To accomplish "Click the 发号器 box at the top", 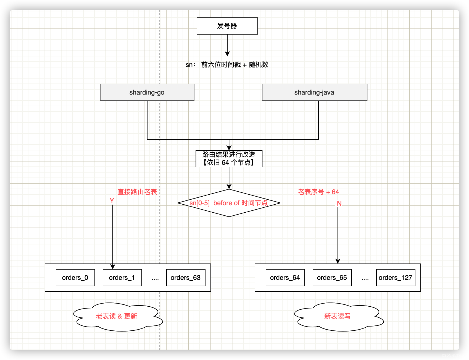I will coord(227,26).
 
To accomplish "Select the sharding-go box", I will coord(147,92).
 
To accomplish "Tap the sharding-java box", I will coord(314,92).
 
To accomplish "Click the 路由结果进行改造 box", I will coord(229,158).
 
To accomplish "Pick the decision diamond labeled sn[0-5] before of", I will coord(229,203).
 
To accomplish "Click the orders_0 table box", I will coord(75,278).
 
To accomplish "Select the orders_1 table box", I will coord(122,278).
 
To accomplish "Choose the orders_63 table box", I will coord(186,278).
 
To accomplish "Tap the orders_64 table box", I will coord(285,278).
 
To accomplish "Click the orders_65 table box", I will coord(332,278).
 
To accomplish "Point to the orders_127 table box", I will coord(396,278).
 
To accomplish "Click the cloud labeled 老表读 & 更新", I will coord(117,316).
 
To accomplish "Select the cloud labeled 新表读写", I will coord(337,316).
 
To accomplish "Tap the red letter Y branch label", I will coord(112,200).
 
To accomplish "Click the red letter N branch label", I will coord(339,203).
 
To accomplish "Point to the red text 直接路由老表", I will coord(137,192).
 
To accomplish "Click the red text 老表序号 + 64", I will coord(318,192).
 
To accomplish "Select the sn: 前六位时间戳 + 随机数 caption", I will coord(227,65).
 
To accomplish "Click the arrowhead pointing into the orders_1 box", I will coord(113,267).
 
